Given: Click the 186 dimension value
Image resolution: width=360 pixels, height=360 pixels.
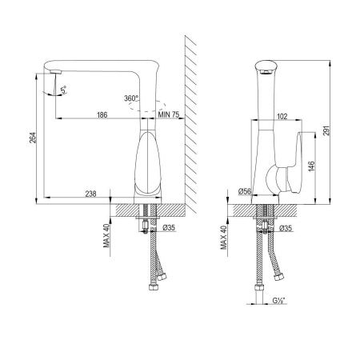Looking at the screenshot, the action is click(x=102, y=114).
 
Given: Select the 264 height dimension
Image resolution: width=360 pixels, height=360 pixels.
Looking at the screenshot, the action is click(x=33, y=138).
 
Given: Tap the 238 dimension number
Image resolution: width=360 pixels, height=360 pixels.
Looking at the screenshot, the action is click(x=90, y=194).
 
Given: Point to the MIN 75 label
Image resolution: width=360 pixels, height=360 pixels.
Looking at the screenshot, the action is click(x=169, y=114).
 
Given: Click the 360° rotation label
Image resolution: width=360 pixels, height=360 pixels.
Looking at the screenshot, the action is click(x=131, y=98).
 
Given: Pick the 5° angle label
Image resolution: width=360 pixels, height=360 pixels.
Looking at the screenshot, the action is click(x=63, y=90).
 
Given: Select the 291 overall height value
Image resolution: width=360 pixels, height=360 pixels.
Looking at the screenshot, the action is click(x=326, y=130).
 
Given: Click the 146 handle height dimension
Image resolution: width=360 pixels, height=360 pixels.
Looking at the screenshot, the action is click(x=311, y=166).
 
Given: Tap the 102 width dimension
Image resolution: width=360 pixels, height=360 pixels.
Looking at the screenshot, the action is click(x=282, y=117).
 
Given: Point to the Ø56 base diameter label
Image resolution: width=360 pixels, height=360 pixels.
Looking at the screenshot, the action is click(x=245, y=191).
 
